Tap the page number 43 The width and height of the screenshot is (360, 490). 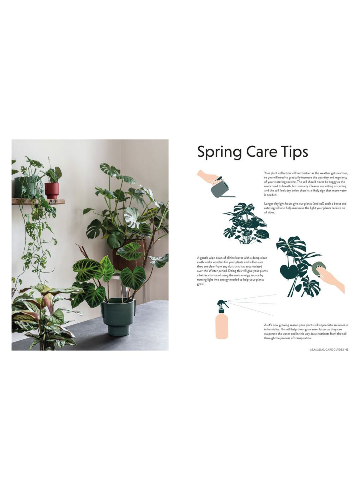click(347, 350)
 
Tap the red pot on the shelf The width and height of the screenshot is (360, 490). click(52, 190)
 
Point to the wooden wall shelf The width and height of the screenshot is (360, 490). click(38, 201)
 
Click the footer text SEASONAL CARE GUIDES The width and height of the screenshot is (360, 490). click(327, 350)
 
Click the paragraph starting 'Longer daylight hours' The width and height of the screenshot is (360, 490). click(305, 208)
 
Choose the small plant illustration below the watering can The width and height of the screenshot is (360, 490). click(245, 224)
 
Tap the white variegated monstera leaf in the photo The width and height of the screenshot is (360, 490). click(132, 217)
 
